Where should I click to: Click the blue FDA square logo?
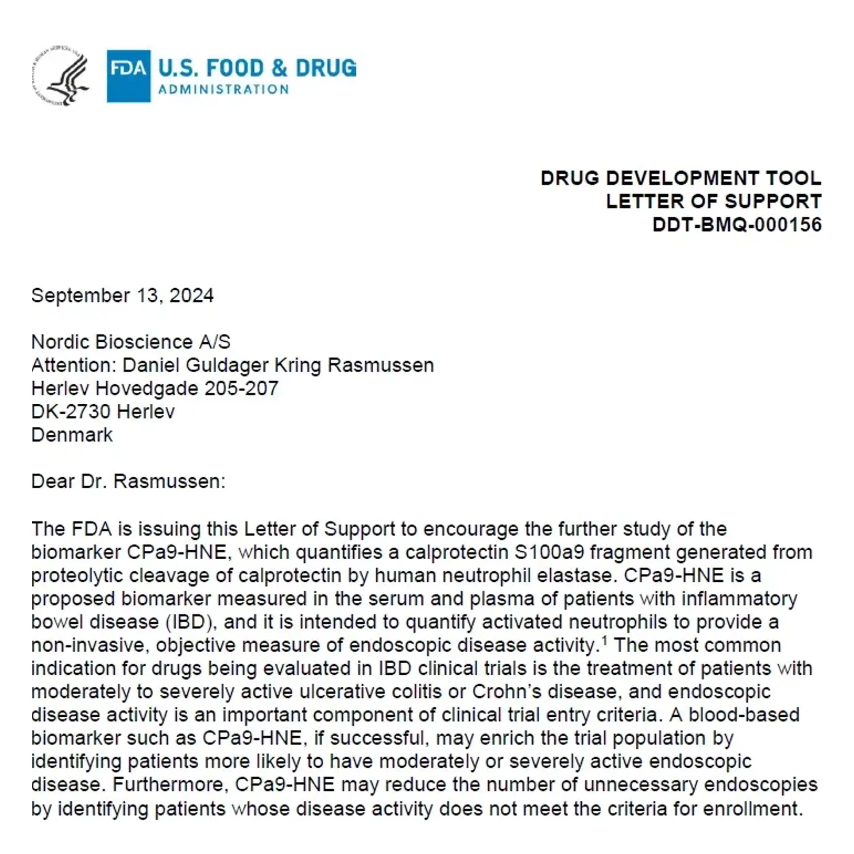click(x=128, y=76)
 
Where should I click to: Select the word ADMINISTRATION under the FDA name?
click(x=224, y=89)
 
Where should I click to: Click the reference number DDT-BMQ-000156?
click(x=737, y=225)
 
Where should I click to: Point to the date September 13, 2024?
click(x=122, y=295)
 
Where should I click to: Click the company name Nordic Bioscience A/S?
click(x=131, y=342)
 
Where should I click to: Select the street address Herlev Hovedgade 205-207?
click(x=155, y=388)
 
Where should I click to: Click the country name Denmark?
click(x=72, y=435)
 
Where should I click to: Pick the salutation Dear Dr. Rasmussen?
click(x=128, y=481)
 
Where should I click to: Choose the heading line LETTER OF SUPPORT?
click(x=713, y=201)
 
